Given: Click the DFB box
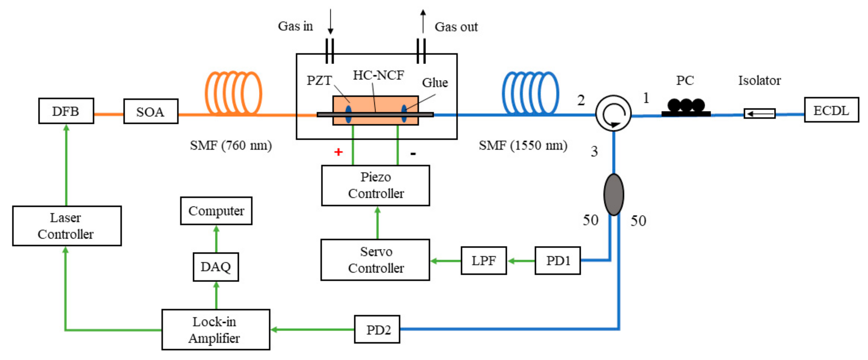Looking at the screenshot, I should point(66,111).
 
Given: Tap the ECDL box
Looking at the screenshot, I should point(831,110).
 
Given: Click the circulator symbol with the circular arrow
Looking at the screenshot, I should point(613,113).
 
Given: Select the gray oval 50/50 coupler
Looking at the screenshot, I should point(613,194).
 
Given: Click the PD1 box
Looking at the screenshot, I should point(557,260).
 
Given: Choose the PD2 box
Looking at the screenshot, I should point(377,329).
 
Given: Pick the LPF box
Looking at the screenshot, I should point(483,260).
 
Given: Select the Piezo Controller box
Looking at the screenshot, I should point(375,185).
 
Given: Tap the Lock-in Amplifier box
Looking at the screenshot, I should point(216,329).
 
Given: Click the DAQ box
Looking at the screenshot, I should point(216,267).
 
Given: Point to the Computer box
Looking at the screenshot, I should point(216,211).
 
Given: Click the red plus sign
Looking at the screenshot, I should point(338,152).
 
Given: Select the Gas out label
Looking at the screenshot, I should point(456,27).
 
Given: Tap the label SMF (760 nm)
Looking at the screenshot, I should point(231,145).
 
